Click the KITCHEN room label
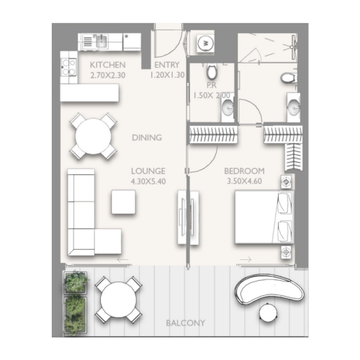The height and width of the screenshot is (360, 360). tap(108, 64)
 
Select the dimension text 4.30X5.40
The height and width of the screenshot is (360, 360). tap(148, 181)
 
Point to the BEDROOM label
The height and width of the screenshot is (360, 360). tap(244, 171)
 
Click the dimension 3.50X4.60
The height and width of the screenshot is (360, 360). tap(244, 181)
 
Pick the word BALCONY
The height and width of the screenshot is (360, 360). tap(185, 323)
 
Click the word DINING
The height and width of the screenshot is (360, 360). tap(147, 138)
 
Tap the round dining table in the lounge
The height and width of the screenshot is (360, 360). tap(93, 135)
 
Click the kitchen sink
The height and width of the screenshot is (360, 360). tap(102, 40)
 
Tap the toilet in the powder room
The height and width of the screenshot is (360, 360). tap(212, 73)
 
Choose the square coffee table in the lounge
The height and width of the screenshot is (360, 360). tap(124, 202)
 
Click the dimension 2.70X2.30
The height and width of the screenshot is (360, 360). tap(108, 74)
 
